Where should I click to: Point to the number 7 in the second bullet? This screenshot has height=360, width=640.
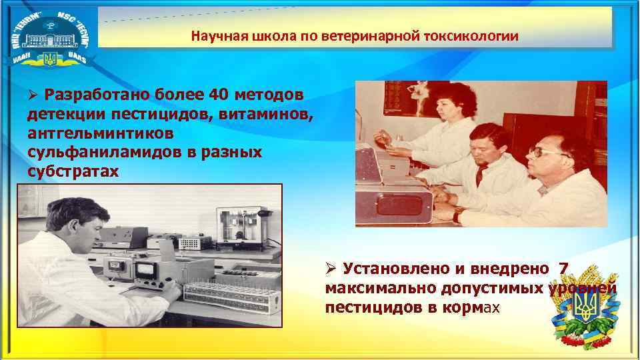[564, 269]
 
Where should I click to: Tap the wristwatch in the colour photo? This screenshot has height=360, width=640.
[457, 215]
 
